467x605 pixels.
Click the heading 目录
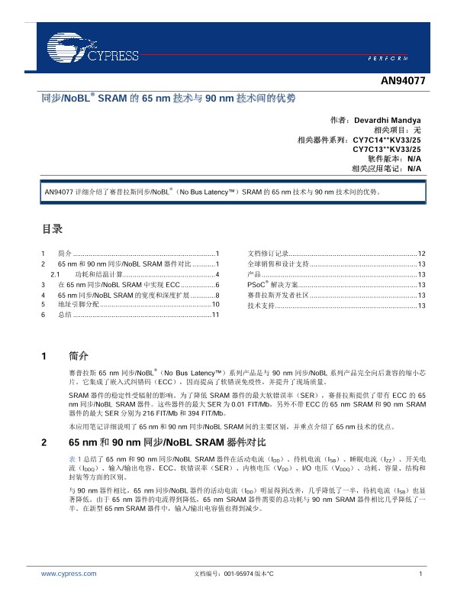(x=51, y=228)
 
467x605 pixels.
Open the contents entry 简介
(x=65, y=253)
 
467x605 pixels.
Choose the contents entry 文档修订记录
(x=268, y=253)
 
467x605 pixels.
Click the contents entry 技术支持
(x=261, y=305)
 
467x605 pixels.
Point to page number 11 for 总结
(x=215, y=315)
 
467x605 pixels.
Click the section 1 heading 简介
(x=79, y=356)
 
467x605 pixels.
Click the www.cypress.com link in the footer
(x=69, y=573)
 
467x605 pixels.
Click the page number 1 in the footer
(x=420, y=573)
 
